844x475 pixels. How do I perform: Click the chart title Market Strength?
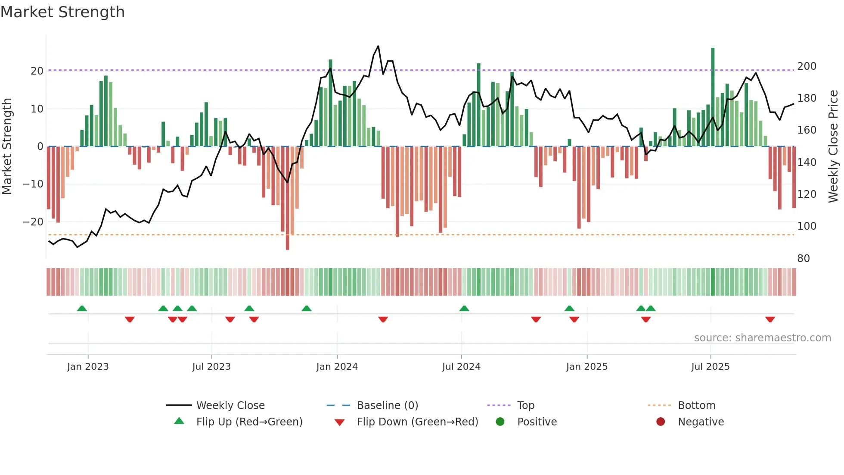(x=62, y=12)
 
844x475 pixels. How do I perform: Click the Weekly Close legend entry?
(x=230, y=405)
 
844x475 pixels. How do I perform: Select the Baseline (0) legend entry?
(x=387, y=405)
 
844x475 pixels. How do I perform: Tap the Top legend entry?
(x=525, y=405)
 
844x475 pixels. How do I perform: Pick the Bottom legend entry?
(x=696, y=405)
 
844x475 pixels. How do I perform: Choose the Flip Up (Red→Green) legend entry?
(x=249, y=422)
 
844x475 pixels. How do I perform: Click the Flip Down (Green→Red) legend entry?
(x=417, y=422)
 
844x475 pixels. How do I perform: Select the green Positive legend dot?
(x=500, y=422)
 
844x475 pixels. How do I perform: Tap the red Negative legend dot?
(x=661, y=422)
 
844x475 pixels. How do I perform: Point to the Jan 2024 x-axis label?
(x=337, y=367)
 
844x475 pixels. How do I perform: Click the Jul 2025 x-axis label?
(x=711, y=367)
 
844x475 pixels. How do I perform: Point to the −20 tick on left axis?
(x=33, y=222)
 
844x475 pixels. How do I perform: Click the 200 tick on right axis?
(x=807, y=66)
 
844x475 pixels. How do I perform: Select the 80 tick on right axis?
(x=804, y=259)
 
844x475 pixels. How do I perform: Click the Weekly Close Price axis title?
(x=833, y=147)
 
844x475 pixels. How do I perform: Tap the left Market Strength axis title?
(x=7, y=147)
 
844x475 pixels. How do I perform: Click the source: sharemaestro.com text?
(x=762, y=338)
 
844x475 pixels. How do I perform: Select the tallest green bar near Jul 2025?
(x=713, y=97)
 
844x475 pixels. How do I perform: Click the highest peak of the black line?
(x=378, y=46)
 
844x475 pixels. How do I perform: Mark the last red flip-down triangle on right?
(x=770, y=319)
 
